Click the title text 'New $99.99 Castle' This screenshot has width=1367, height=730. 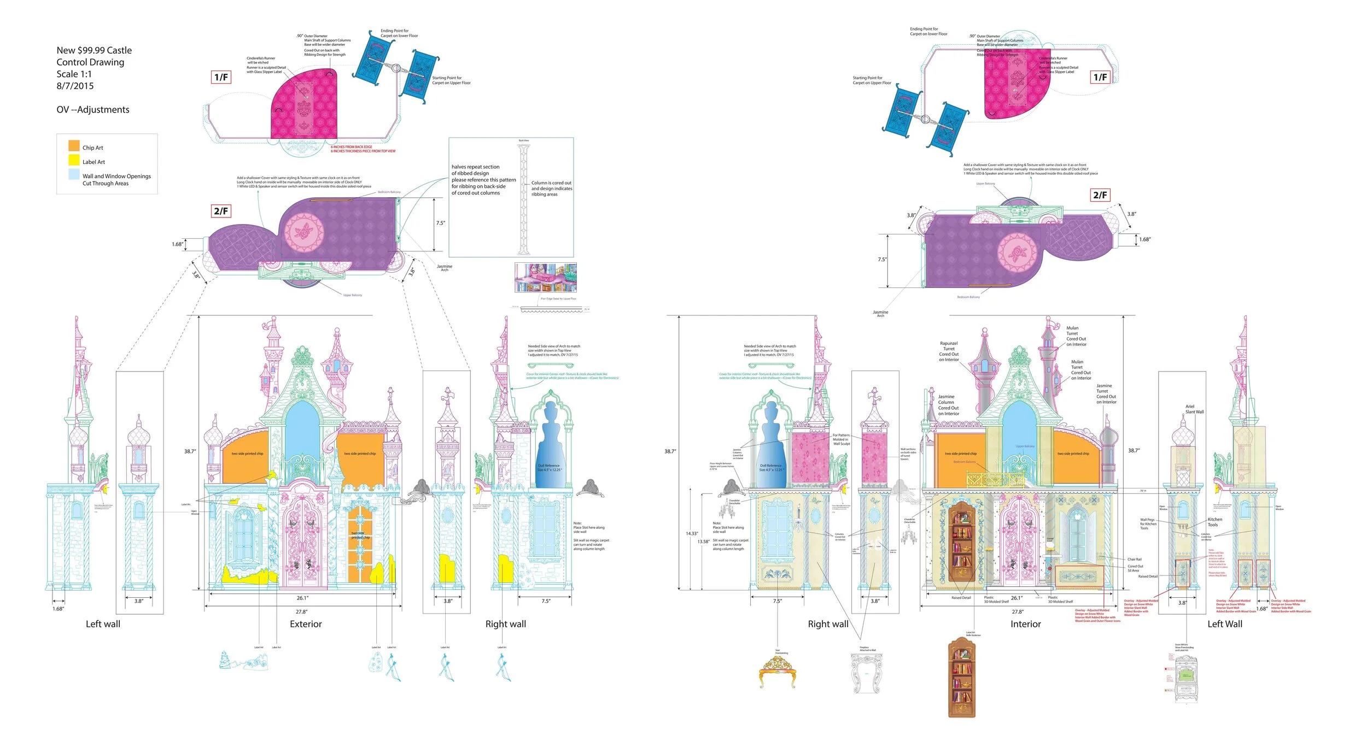94,50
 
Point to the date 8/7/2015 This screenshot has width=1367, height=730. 75,86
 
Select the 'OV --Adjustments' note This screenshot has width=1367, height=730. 93,110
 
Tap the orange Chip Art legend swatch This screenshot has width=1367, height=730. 74,146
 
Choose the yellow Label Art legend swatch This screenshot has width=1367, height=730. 74,160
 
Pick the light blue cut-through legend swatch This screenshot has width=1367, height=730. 74,174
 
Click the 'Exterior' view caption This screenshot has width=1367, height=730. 306,624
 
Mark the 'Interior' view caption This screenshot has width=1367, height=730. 1025,624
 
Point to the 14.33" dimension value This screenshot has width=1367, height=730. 692,533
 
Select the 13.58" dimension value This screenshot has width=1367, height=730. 703,542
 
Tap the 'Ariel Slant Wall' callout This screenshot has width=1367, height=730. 1194,409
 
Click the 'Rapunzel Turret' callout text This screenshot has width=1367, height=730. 949,351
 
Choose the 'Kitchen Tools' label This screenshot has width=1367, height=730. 1215,522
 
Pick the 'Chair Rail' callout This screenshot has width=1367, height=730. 1134,560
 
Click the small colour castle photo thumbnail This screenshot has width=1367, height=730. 545,278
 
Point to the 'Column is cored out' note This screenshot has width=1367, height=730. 551,189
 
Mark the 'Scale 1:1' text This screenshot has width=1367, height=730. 74,74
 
